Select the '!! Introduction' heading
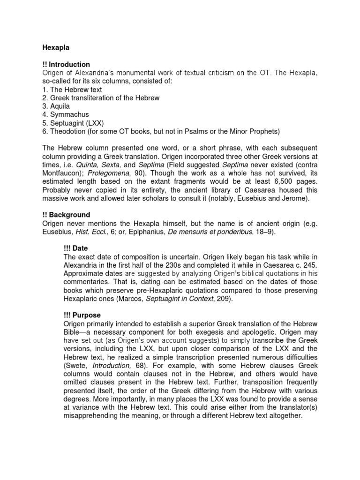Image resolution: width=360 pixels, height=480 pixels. tap(66, 64)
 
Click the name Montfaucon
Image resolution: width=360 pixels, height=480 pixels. tap(63, 172)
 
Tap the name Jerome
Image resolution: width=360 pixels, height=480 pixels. tap(294, 198)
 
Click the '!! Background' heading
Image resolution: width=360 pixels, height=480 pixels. tap(66, 215)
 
